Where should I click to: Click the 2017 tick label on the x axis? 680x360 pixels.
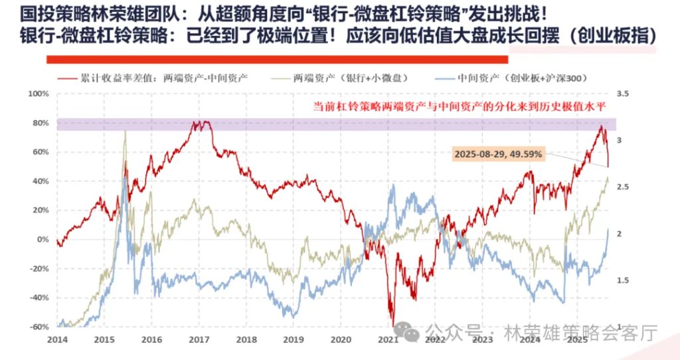pyautogui.click(x=199, y=339)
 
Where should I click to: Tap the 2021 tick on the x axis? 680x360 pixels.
pyautogui.click(x=388, y=339)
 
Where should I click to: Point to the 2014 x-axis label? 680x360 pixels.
pyautogui.click(x=57, y=339)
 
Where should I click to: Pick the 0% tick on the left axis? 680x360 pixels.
pyautogui.click(x=43, y=239)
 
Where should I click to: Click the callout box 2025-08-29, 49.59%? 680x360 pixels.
pyautogui.click(x=498, y=154)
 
